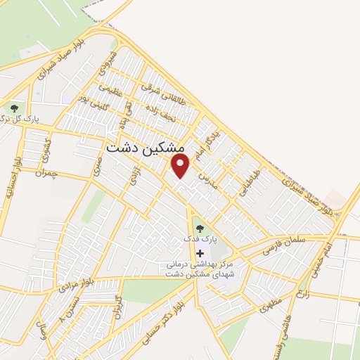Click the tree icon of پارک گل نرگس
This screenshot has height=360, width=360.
[x=14, y=108]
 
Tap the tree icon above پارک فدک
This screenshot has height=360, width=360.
[x=199, y=228]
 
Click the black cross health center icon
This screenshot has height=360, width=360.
[x=200, y=253]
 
